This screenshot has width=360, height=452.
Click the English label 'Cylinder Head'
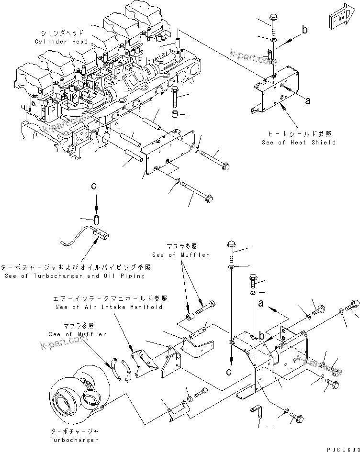[x=58, y=42]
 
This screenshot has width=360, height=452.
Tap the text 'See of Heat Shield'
[x=298, y=142]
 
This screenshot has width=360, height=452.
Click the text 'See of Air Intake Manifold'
[x=109, y=307]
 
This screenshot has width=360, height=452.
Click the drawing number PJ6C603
[x=342, y=447]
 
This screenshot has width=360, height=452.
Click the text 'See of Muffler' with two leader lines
[x=180, y=255]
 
